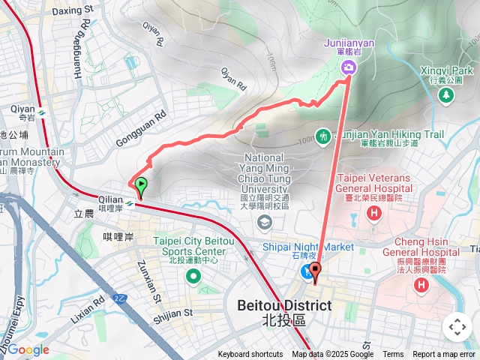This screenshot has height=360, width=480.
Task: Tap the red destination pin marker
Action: coord(315,272)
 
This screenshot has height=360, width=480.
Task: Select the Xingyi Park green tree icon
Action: coord(446,95)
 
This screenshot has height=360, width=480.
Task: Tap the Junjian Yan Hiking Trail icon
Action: coord(323,136)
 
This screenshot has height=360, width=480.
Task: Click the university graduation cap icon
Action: coord(264,222)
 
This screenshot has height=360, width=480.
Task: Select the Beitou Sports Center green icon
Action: coord(194,277)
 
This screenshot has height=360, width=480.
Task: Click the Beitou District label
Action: coord(283,306)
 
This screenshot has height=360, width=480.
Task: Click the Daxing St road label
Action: coord(73,11)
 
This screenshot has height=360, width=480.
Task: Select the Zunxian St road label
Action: coord(148,281)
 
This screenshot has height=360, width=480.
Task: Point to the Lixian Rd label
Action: coord(89,309)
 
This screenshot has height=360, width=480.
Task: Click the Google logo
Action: coord(28,349)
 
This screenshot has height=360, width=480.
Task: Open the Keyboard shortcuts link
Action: coord(250,355)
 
